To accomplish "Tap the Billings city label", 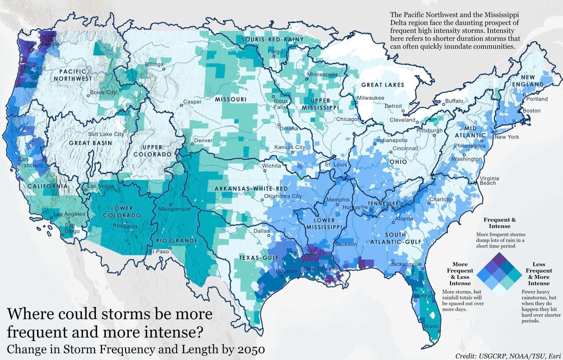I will (x=154, y=64).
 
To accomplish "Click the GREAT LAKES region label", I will (x=383, y=85).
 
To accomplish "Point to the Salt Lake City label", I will (x=106, y=134).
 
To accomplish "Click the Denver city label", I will (x=203, y=141).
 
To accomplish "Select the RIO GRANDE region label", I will (x=177, y=241).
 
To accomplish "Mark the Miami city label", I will (x=430, y=326).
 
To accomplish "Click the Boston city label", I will (x=532, y=110).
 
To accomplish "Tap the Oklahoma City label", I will (x=283, y=196).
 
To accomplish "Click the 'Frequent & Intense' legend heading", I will (x=500, y=223).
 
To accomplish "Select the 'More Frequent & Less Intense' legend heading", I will (x=460, y=274).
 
